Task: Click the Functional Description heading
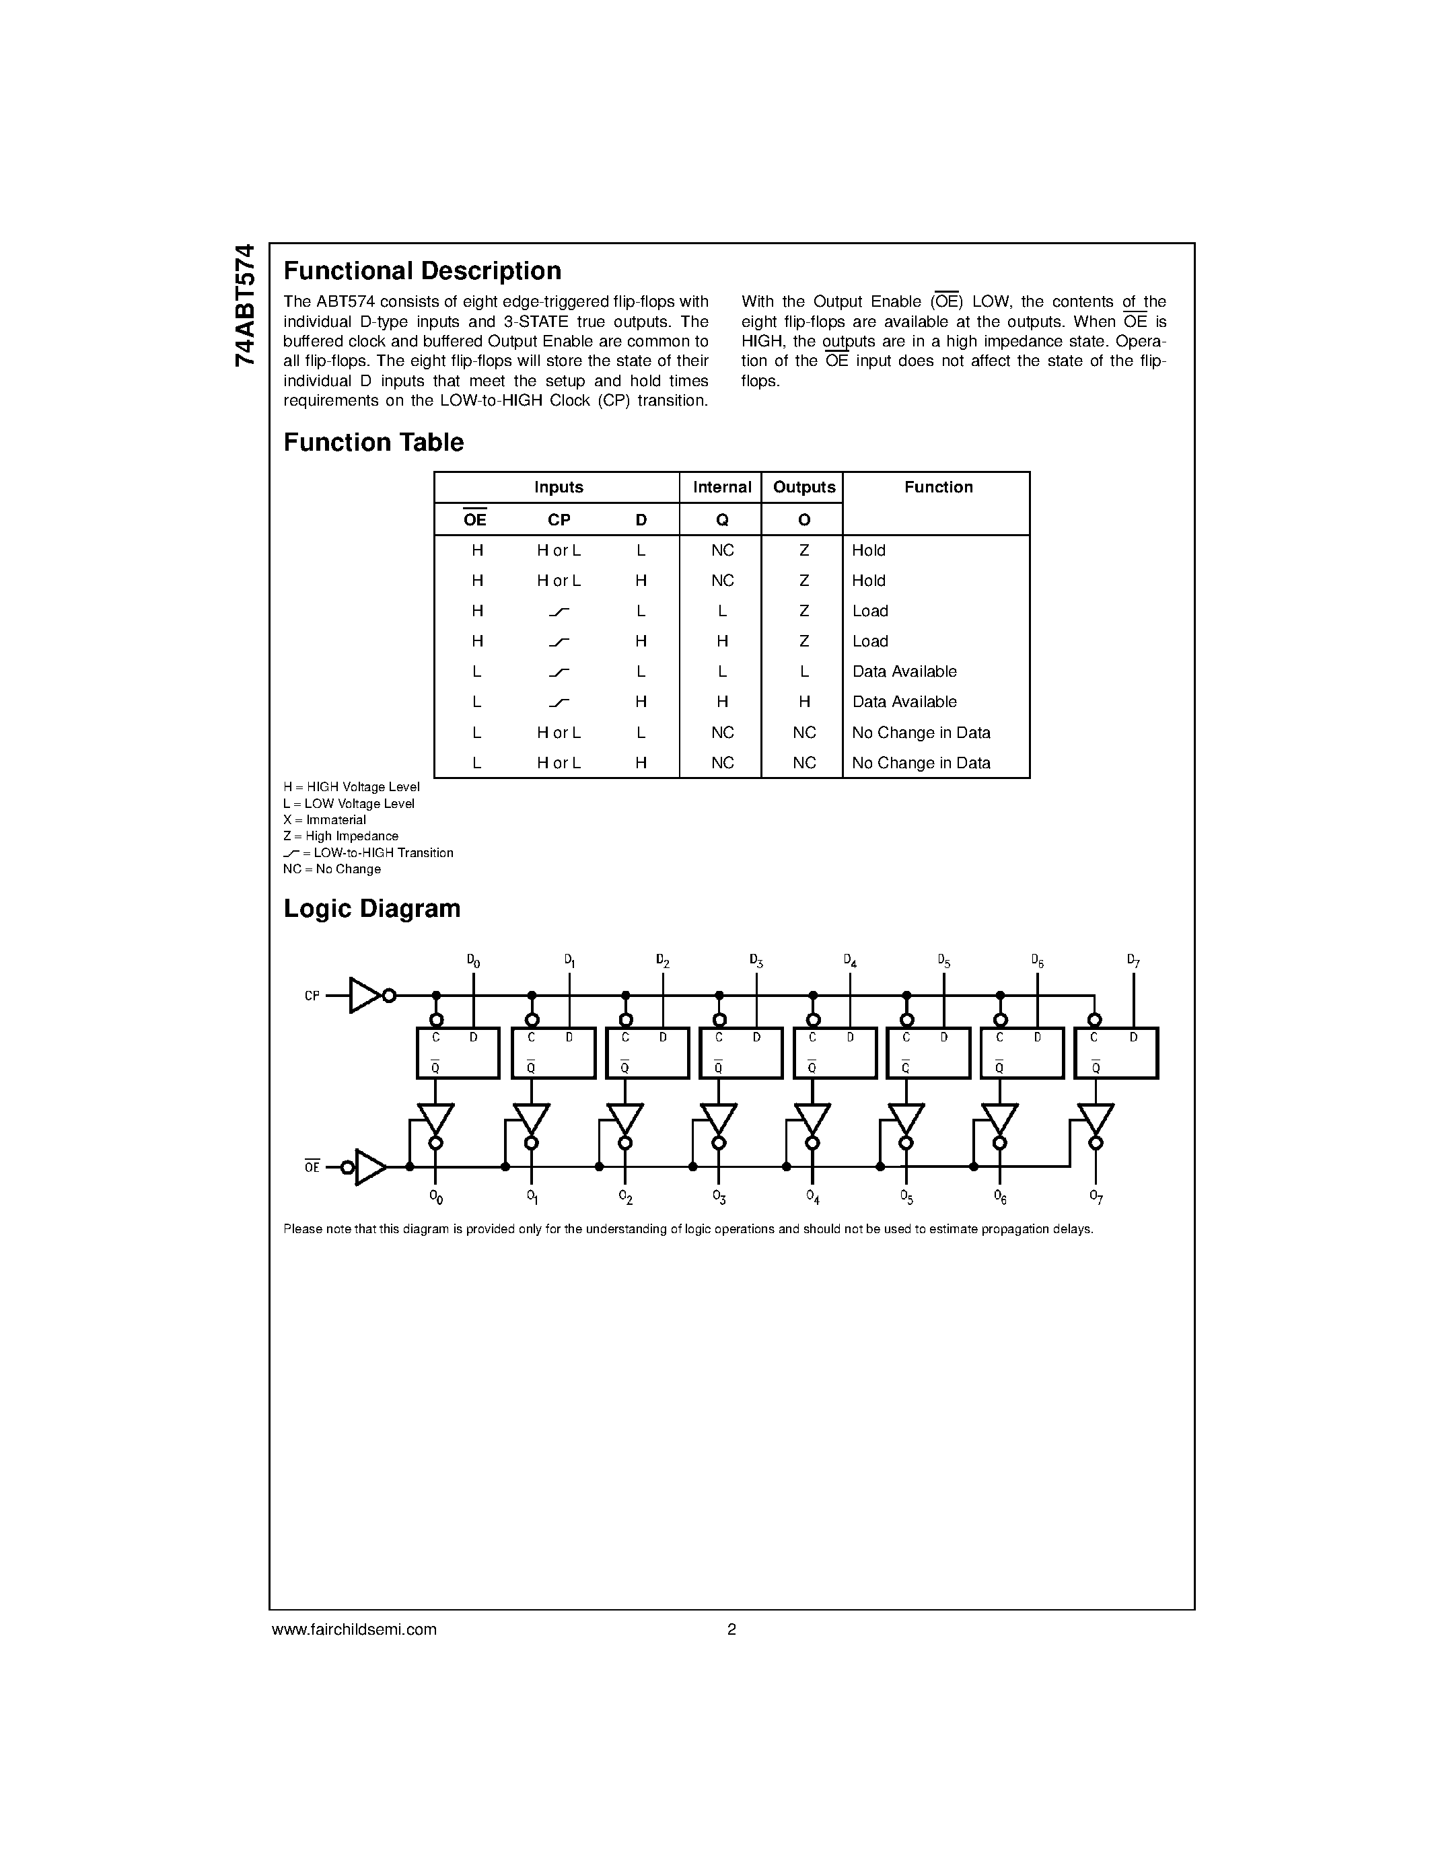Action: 422,271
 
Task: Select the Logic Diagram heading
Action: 372,909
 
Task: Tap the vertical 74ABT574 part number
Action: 244,305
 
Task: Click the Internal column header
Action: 722,487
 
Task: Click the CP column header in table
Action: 559,520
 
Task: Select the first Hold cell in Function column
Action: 868,550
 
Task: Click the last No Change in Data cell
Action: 921,764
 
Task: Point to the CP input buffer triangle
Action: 364,996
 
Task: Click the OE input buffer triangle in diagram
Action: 369,1167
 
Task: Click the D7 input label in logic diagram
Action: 1133,961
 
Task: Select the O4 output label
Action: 812,1197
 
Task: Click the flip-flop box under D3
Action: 740,1053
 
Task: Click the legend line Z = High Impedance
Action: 341,836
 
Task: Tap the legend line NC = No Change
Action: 332,869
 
